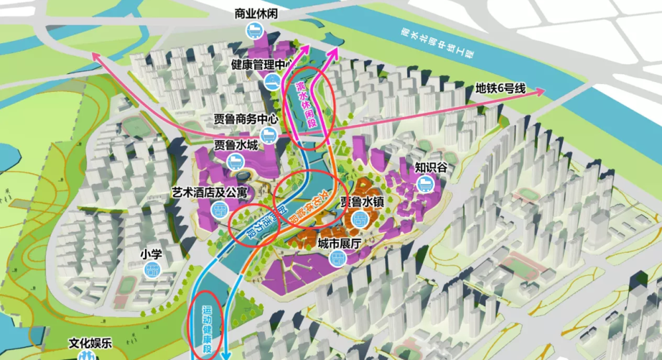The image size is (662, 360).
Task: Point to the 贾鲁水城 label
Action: tap(236, 144)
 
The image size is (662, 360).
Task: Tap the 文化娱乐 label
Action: tap(92, 343)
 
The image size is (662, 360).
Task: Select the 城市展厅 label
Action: tap(339, 245)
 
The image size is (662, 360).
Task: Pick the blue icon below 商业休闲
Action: tap(255, 29)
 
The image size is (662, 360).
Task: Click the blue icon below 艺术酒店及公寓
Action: tap(219, 209)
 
